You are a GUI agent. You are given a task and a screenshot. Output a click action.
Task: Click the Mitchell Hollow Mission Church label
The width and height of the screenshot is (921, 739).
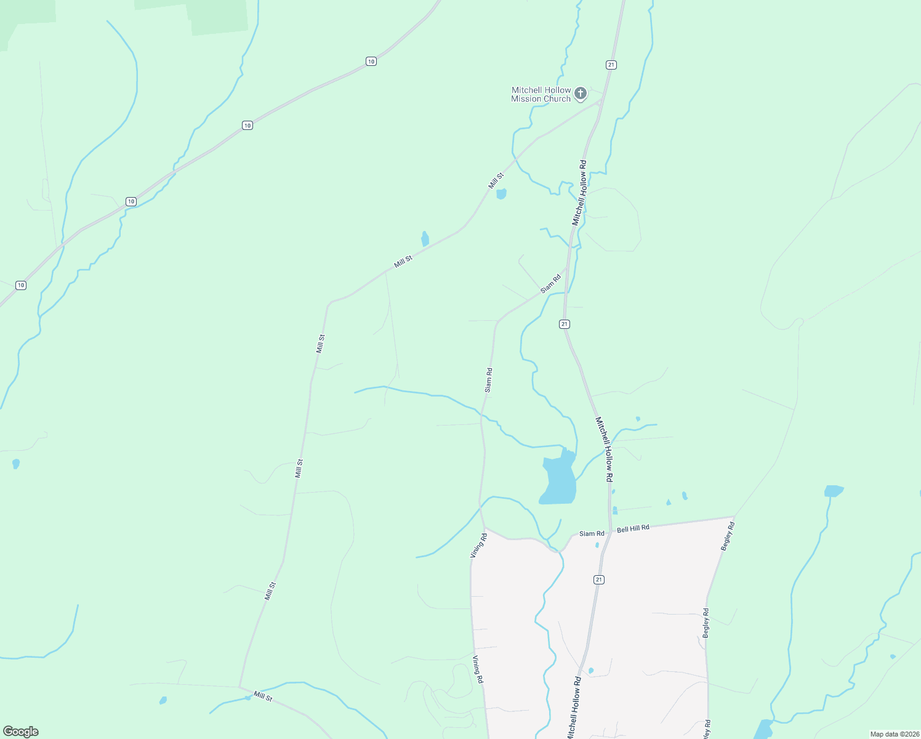coord(541,94)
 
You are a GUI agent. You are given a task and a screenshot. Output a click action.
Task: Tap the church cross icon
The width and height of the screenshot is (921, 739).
coord(580,94)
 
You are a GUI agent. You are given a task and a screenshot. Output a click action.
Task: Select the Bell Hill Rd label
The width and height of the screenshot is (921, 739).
coord(633,528)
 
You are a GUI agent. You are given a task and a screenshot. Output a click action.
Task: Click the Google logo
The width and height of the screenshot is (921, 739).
coord(21,731)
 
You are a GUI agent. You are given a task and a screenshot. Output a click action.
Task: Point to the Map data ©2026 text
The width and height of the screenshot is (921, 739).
coord(894,734)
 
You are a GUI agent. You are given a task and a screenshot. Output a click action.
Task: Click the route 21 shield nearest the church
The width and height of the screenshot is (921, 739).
coord(611,65)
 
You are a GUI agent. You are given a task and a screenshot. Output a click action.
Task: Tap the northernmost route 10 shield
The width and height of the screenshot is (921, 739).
coord(371,61)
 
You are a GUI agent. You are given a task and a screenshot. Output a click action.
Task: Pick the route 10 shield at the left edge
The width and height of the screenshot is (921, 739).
coord(21,285)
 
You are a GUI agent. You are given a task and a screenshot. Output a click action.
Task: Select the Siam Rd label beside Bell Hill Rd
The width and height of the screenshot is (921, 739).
coord(592,533)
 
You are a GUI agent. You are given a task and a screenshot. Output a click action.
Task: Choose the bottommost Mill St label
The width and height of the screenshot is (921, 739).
coord(263,697)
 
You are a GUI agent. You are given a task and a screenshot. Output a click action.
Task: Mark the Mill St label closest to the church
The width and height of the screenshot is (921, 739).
coord(496,181)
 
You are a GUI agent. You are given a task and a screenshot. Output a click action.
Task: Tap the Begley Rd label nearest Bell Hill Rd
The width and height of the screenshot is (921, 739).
coord(728,536)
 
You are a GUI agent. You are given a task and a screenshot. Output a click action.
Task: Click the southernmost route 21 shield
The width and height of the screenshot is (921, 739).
coord(599,579)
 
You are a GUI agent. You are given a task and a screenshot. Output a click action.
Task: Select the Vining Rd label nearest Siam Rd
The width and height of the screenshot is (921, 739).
coord(478,546)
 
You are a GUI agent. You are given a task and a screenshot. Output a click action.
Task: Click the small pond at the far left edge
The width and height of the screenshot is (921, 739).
coord(15,463)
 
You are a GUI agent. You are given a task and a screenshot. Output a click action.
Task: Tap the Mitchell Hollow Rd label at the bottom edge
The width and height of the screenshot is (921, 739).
coord(573,708)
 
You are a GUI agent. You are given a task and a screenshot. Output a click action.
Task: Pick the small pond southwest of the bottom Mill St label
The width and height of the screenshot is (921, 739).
coord(163,700)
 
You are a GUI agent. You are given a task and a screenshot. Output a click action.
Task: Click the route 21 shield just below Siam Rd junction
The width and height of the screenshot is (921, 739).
coord(565,324)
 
